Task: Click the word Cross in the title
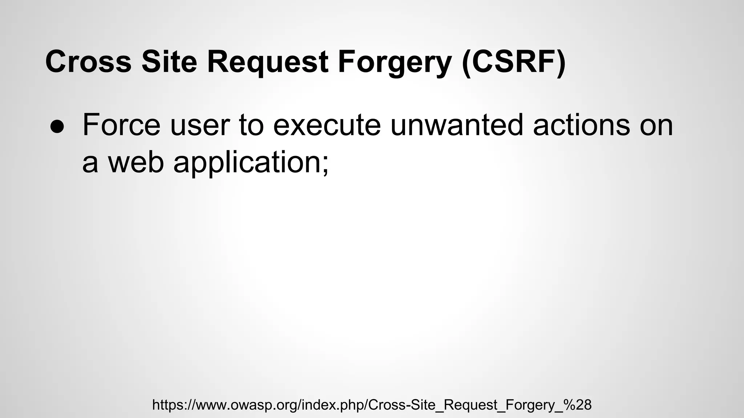click(x=88, y=62)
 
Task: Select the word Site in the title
click(x=169, y=62)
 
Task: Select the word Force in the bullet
click(x=121, y=125)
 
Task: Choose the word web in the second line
click(x=136, y=162)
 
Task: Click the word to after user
click(x=251, y=125)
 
